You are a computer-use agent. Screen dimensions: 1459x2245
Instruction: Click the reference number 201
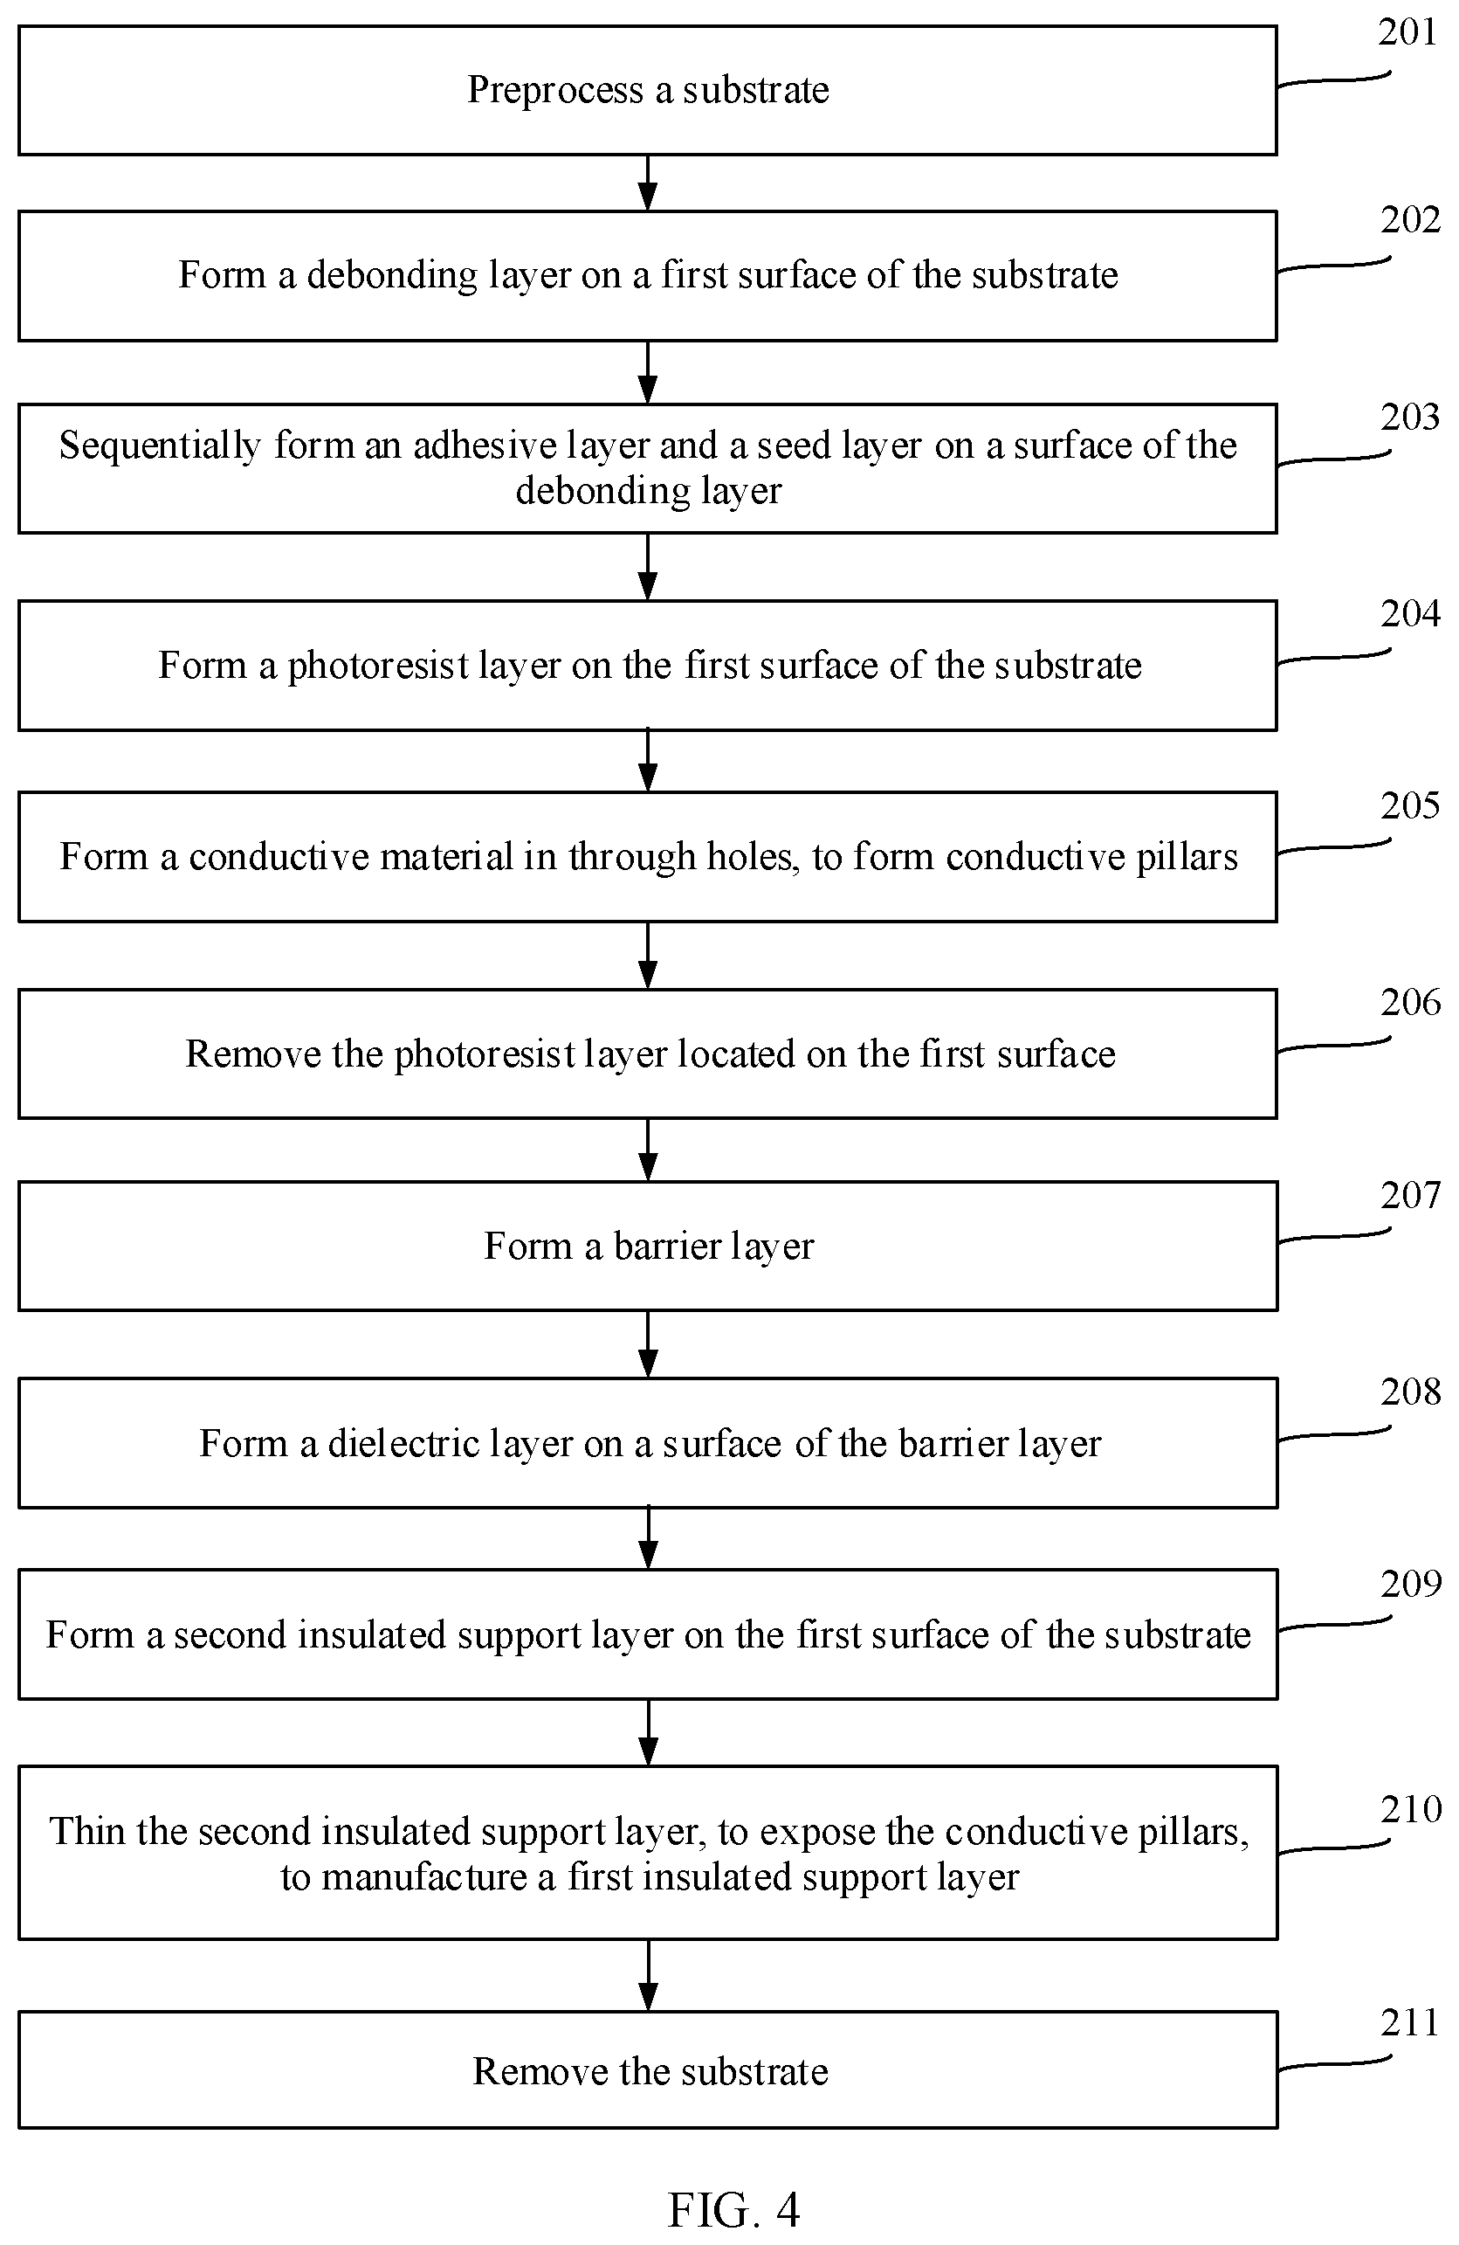[1407, 32]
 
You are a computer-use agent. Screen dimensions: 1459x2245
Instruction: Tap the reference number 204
[1410, 614]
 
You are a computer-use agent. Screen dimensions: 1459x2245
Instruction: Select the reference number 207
[1410, 1195]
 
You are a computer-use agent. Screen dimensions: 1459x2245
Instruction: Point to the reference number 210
[1410, 1809]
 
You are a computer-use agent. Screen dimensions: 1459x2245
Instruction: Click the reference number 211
[1409, 2022]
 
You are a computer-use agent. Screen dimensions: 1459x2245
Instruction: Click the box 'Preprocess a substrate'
[647, 91]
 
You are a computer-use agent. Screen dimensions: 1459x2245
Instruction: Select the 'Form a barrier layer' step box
[647, 1245]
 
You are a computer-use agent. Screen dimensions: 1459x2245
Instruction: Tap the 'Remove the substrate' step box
[647, 2070]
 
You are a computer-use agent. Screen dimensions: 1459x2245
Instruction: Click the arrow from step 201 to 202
[647, 183]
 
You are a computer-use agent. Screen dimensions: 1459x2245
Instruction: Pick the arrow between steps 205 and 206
[647, 955]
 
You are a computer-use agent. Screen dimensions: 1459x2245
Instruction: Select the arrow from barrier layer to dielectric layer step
[647, 1344]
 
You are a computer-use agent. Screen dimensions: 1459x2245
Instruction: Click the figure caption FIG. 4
[733, 2209]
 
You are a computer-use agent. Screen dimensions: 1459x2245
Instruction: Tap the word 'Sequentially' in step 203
[161, 446]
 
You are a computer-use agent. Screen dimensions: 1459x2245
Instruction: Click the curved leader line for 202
[1333, 265]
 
